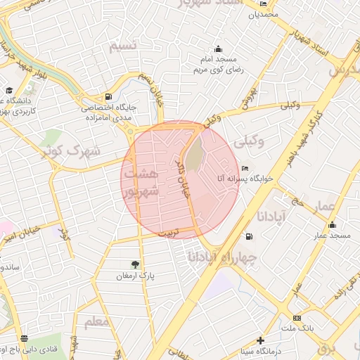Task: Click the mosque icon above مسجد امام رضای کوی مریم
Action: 218,49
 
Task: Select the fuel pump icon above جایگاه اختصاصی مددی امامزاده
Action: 107,97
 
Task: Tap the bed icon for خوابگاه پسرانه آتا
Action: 245,169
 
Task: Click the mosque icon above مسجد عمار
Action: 332,225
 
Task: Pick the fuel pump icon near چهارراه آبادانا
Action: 248,237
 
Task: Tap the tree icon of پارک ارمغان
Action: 134,264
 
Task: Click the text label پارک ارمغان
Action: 134,276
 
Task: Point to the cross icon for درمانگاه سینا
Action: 261,340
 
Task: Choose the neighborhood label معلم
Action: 96,323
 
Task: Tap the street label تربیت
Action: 168,232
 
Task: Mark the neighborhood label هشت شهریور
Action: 140,181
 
